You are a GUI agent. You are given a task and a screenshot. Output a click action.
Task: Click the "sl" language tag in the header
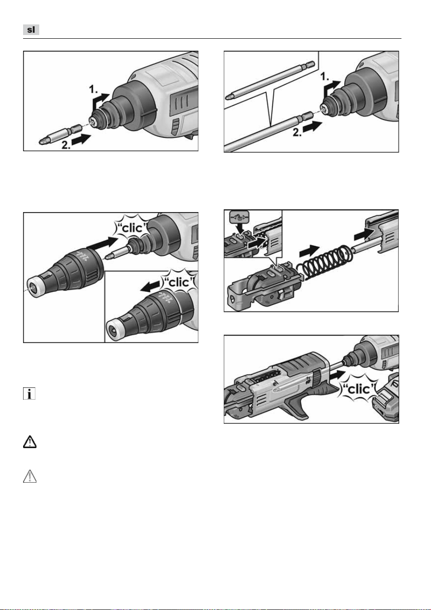tap(31, 30)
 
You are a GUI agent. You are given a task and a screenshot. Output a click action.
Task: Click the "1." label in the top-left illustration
tap(94, 89)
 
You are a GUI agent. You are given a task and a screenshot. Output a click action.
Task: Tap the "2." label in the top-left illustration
tap(66, 145)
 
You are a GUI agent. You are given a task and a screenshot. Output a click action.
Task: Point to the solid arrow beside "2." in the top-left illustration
tap(81, 139)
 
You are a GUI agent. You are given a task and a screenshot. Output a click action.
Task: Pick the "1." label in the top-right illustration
tap(324, 77)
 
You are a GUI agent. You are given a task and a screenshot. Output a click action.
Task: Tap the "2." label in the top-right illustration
tap(297, 132)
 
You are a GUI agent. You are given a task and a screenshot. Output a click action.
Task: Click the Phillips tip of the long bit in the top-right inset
tap(229, 97)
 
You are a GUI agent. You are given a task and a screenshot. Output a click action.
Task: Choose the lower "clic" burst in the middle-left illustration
tap(179, 282)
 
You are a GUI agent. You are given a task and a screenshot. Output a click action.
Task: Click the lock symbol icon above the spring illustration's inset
tap(239, 218)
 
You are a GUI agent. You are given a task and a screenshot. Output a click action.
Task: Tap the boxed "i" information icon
tap(29, 393)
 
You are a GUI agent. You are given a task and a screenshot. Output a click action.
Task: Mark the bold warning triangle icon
tap(30, 442)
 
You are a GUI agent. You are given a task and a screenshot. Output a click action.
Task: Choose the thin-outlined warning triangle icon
tap(30, 476)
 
